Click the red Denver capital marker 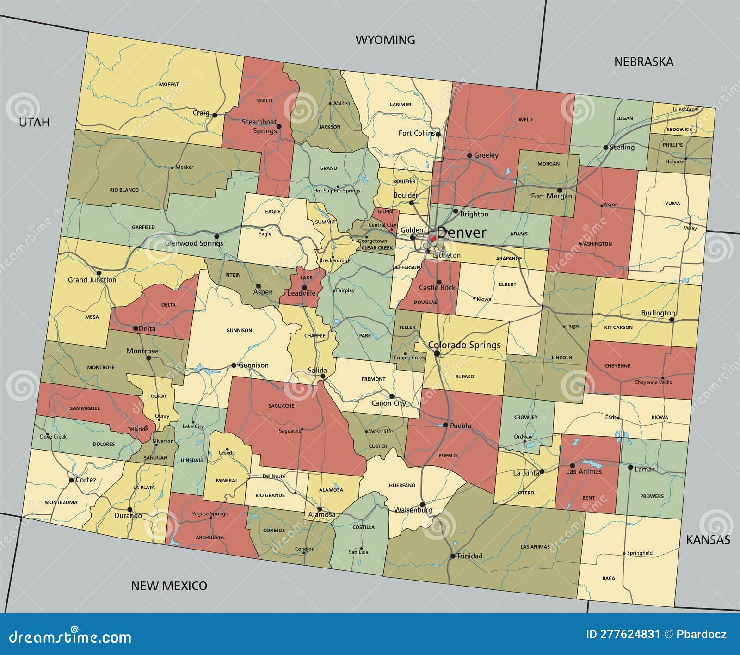[x=432, y=239]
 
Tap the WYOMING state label [x=385, y=40]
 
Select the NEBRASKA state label [x=643, y=62]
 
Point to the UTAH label [x=34, y=122]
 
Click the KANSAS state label [x=708, y=539]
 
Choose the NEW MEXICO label [x=169, y=586]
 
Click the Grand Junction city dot [x=99, y=273]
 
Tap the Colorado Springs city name [x=464, y=345]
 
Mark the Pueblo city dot [x=445, y=425]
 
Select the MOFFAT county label [x=169, y=84]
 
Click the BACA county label [x=609, y=578]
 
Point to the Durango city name [x=128, y=515]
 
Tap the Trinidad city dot [x=452, y=556]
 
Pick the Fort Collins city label [x=416, y=133]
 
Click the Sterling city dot [x=605, y=148]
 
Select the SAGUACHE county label [x=281, y=406]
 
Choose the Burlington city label [x=658, y=313]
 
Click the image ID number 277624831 [x=623, y=634]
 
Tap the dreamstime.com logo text [x=70, y=637]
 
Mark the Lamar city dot [x=630, y=467]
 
